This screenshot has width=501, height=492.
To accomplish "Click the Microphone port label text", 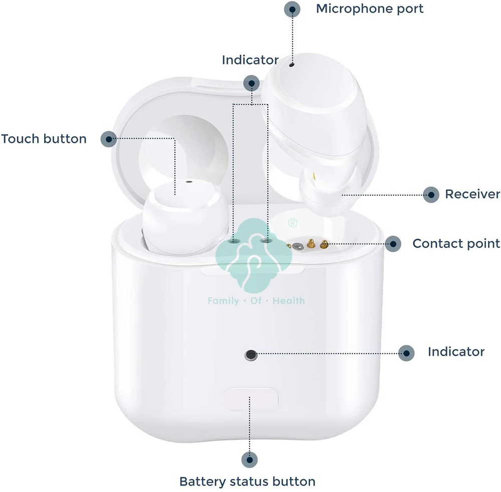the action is [369, 9].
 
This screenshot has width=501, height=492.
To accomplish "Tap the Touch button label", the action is [44, 139].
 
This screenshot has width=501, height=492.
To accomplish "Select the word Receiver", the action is [472, 194].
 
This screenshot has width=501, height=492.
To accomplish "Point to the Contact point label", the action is [456, 243].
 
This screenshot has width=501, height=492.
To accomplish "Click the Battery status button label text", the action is [247, 482].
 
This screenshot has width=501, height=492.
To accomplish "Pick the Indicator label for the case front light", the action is [456, 352].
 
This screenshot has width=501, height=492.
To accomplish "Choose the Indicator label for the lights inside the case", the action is [250, 60].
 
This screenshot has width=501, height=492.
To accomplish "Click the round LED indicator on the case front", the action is [250, 355].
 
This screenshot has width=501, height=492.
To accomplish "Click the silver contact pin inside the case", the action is [299, 245].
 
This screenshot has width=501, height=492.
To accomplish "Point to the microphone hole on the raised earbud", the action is [291, 64].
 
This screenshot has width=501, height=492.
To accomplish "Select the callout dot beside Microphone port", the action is [293, 9].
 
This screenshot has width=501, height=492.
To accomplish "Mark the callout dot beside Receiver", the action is [431, 194].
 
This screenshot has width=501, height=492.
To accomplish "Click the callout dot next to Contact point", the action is [393, 244].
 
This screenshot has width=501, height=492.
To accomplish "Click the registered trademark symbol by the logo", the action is [293, 222].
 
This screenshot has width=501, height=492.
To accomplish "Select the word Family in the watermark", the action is [223, 301].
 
